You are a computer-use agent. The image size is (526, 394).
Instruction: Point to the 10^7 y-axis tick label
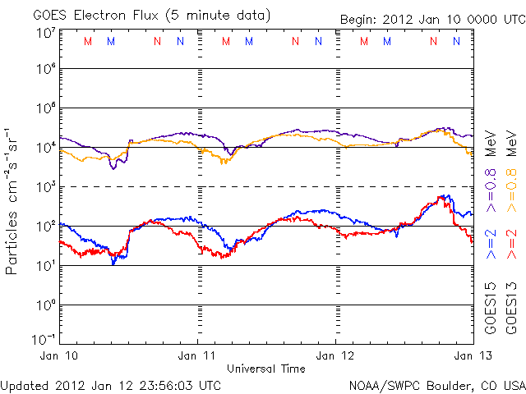[44, 33]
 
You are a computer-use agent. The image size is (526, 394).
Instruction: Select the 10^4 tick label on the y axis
[44, 147]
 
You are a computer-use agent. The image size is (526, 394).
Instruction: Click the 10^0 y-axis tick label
[44, 305]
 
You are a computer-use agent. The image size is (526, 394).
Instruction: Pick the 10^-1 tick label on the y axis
[42, 339]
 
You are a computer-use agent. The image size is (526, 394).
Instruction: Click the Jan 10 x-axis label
[60, 355]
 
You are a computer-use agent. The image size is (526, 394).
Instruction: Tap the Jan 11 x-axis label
[198, 355]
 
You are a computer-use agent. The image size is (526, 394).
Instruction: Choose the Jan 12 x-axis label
[336, 355]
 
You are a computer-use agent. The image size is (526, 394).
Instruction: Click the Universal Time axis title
[265, 369]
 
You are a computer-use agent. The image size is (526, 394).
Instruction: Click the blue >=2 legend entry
[491, 244]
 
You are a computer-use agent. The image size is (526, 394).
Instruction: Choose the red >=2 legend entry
[511, 244]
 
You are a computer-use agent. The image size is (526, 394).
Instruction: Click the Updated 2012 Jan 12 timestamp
[111, 384]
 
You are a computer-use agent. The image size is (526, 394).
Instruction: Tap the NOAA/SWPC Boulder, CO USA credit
[436, 384]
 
